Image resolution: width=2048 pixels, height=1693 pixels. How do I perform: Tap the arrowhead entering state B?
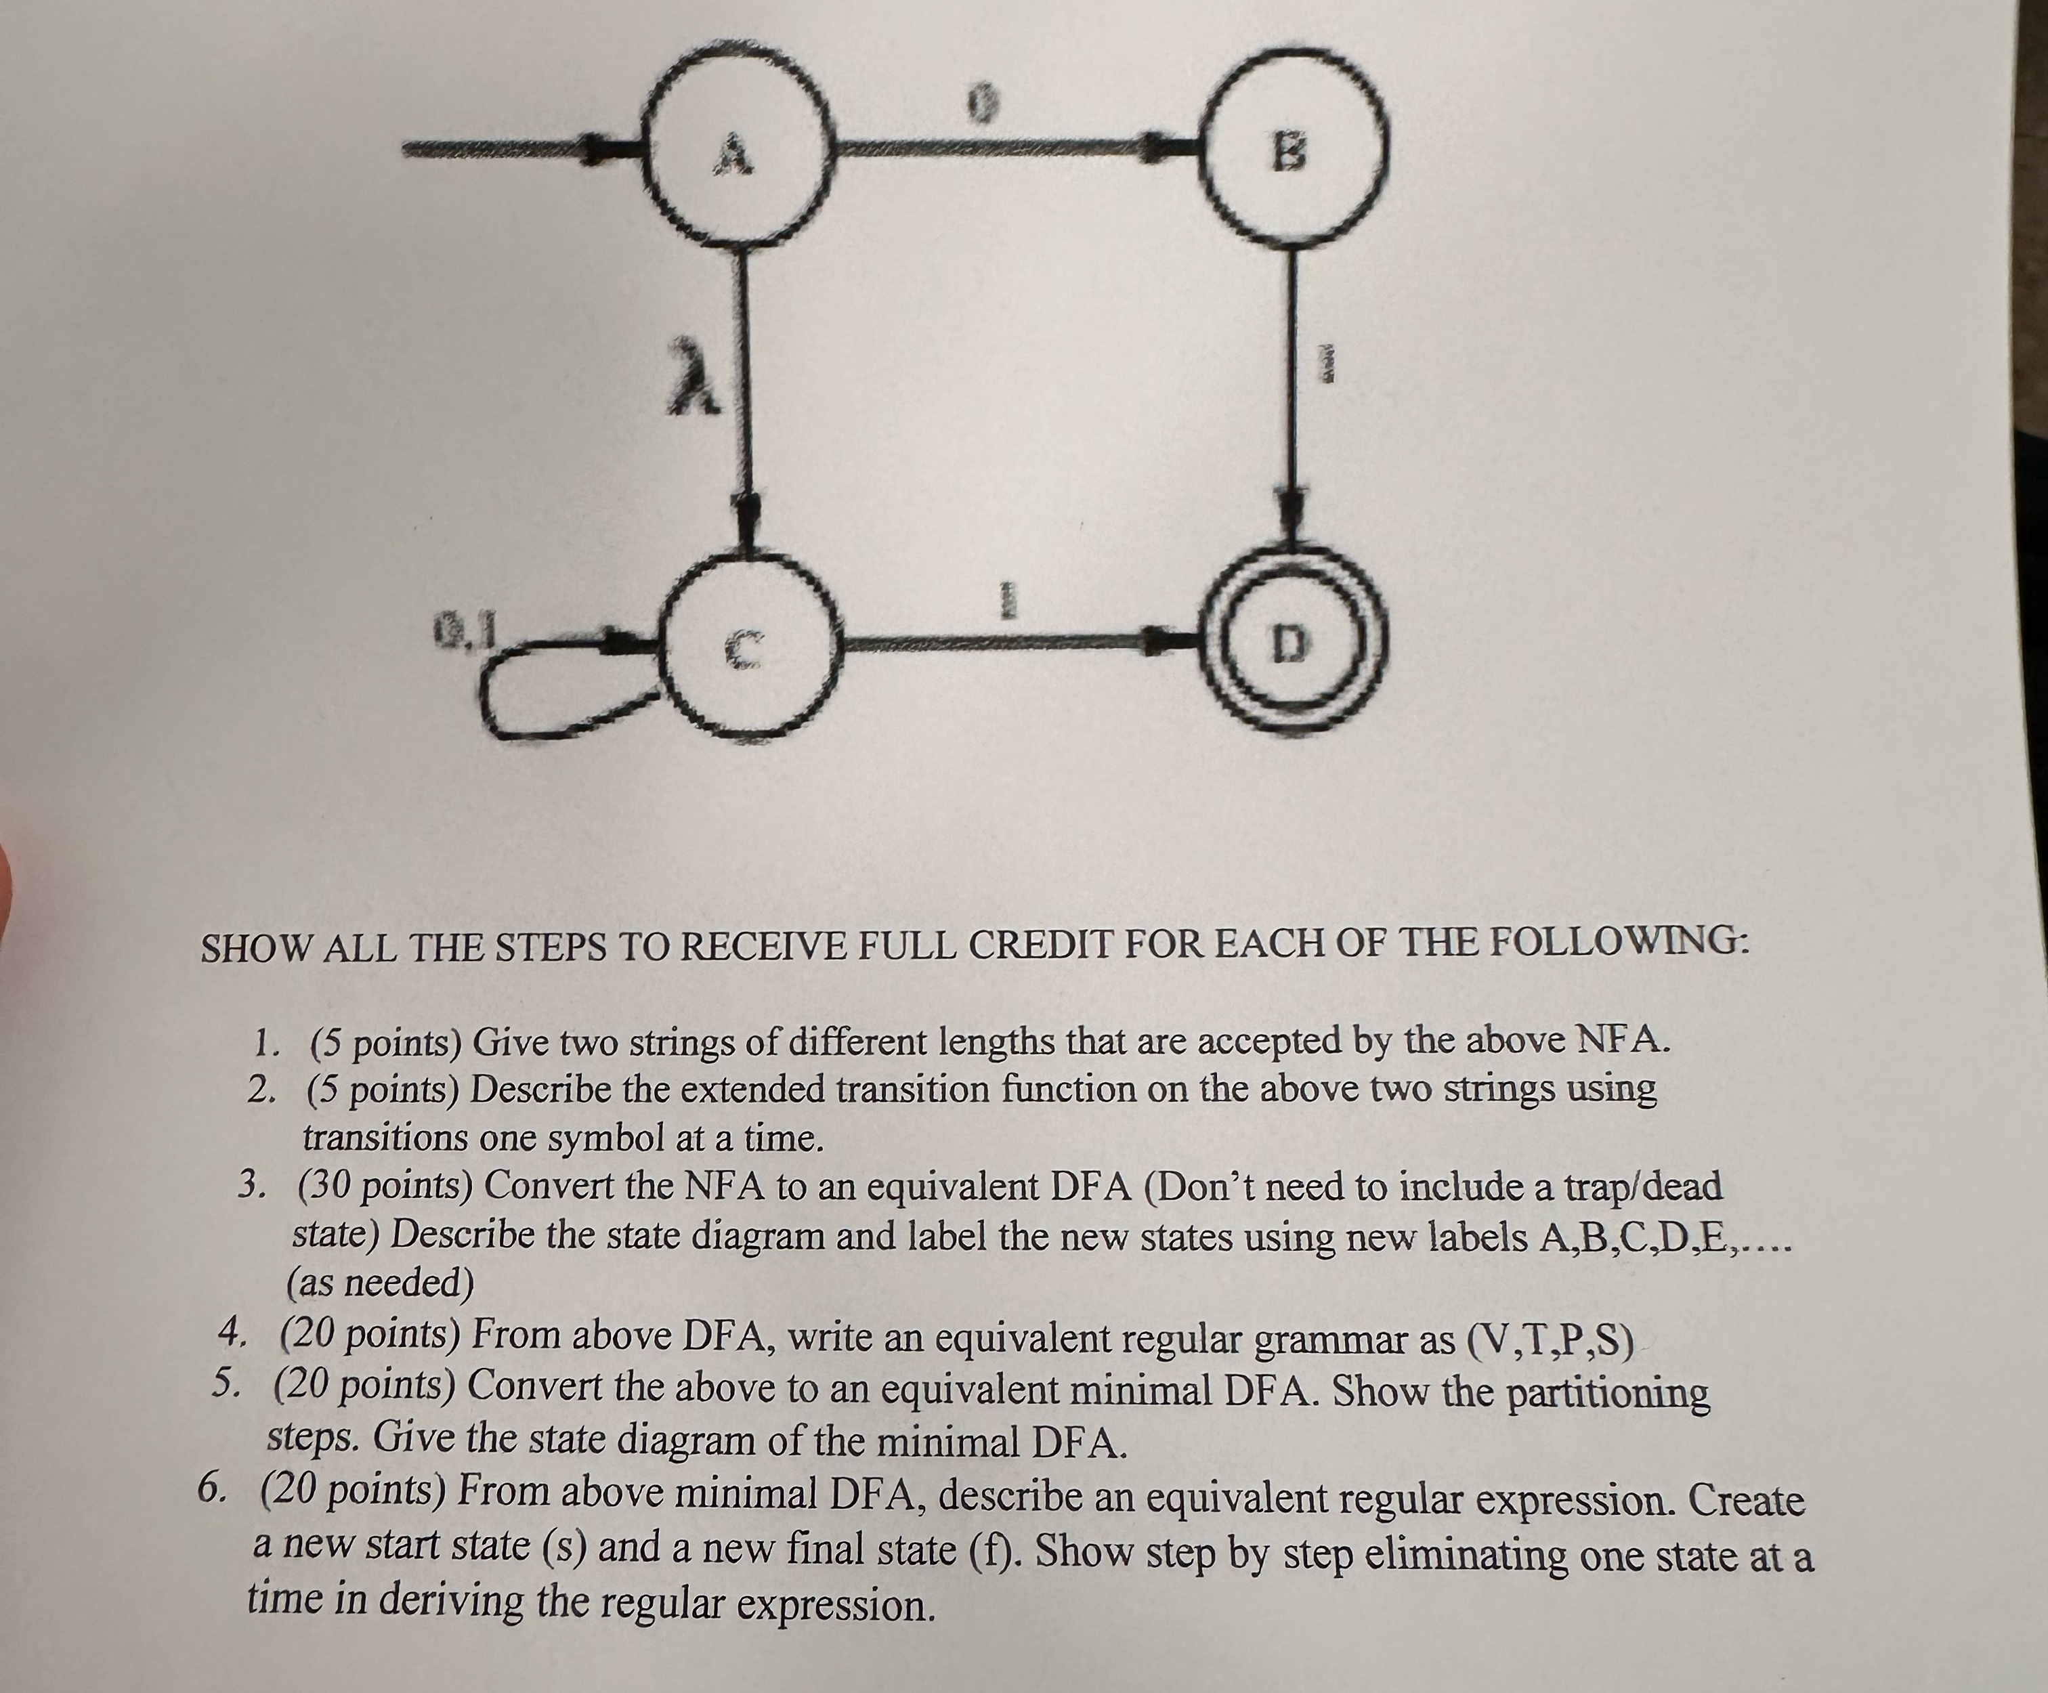click(x=1170, y=149)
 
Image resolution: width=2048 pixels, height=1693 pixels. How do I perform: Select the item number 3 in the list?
click(x=253, y=1185)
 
